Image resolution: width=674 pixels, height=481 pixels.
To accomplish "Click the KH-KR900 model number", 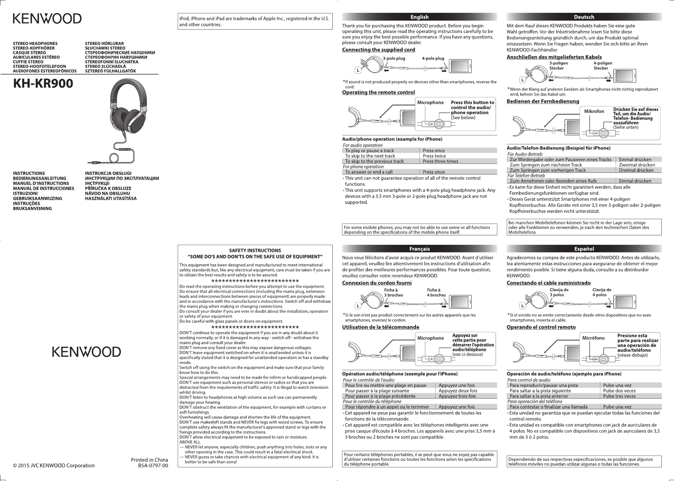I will tap(43, 84).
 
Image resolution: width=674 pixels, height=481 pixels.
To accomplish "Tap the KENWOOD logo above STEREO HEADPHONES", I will tap(47, 18).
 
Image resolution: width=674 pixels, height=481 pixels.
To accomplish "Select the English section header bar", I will tap(419, 17).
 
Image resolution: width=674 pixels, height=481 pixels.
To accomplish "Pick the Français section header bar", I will tap(419, 249).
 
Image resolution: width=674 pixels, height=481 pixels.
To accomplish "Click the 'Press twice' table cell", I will tap(434, 156).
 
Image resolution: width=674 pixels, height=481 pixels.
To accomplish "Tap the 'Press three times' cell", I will tap(440, 161).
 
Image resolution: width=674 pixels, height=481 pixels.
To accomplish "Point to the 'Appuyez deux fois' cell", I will tap(458, 391).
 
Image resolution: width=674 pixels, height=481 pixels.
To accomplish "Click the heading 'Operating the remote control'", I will tap(378, 92).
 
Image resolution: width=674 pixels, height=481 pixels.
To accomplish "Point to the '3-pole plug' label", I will tap(394, 58).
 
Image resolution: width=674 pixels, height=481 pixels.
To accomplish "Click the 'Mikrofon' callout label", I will tap(594, 111).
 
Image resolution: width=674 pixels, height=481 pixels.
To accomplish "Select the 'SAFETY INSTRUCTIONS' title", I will tap(255, 250).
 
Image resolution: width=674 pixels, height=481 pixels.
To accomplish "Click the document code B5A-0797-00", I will tap(153, 465).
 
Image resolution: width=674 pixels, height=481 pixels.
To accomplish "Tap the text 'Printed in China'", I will tap(149, 460).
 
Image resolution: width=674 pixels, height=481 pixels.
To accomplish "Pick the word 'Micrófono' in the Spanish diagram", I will tap(593, 338).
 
